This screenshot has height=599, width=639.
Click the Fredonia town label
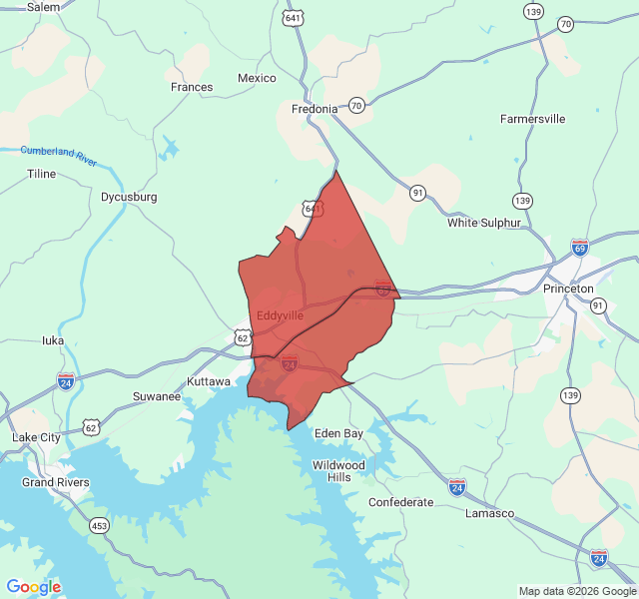tap(316, 109)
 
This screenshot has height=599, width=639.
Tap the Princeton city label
tap(568, 289)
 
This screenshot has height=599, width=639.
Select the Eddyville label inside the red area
tap(280, 315)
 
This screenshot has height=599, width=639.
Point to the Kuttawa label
tap(210, 381)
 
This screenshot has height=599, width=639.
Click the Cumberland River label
tap(59, 155)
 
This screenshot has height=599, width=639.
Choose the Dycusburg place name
tap(129, 197)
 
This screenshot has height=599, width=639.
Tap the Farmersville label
tap(532, 119)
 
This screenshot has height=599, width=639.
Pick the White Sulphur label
tap(484, 223)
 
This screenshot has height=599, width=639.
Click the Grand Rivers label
tap(56, 482)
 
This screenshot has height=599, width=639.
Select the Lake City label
tap(36, 437)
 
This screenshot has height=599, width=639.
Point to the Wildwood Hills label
tap(339, 471)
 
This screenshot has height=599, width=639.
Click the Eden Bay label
tap(338, 433)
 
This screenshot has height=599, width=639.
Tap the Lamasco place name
tap(489, 513)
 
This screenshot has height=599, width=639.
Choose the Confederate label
tap(401, 502)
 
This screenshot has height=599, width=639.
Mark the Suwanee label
tap(157, 396)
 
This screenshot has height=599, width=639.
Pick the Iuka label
tap(53, 339)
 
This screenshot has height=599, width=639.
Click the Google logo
tap(34, 587)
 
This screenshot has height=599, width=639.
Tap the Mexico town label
tap(257, 78)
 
